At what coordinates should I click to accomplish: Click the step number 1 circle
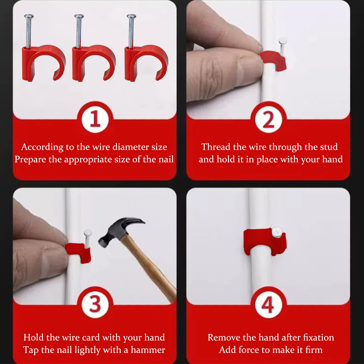(x=95, y=119)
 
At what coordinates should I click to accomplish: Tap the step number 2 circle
(x=269, y=119)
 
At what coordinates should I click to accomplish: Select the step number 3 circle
(x=95, y=304)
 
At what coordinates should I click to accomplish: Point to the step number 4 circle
(x=269, y=304)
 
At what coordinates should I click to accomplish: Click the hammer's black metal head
(x=119, y=229)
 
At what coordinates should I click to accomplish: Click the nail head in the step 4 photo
(x=277, y=232)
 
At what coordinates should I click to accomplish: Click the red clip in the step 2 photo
(x=273, y=60)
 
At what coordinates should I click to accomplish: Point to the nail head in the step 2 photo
(x=283, y=41)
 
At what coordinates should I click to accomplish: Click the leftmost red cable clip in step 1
(x=43, y=63)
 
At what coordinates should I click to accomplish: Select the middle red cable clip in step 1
(x=93, y=63)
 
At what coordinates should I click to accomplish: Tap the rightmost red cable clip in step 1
(x=146, y=63)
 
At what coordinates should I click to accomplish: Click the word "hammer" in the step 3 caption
(x=148, y=350)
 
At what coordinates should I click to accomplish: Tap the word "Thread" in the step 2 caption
(x=216, y=147)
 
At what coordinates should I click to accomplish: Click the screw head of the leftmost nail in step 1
(x=29, y=16)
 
